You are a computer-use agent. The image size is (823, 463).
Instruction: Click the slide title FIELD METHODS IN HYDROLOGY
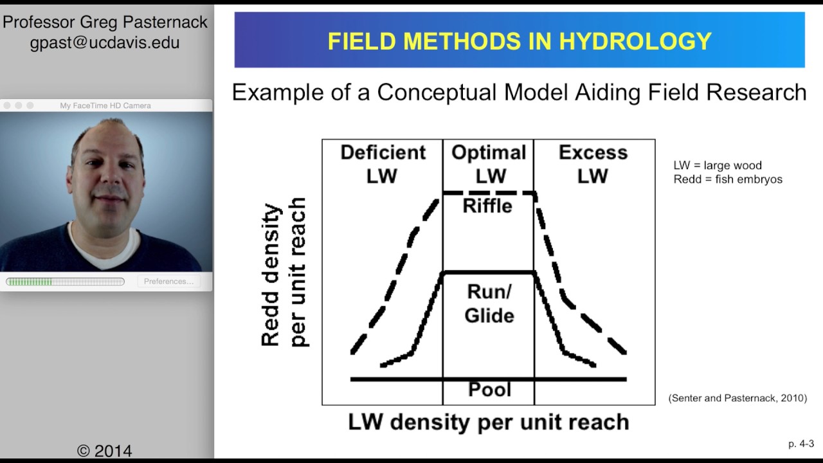tap(520, 41)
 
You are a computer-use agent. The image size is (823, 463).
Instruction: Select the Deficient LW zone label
tap(383, 164)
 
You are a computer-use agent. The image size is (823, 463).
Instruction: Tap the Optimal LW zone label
tap(489, 164)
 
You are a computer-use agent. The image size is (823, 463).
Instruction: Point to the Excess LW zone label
tap(592, 164)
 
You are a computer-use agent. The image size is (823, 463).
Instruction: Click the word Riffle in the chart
tap(487, 206)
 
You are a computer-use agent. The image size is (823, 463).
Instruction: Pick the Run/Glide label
tap(489, 304)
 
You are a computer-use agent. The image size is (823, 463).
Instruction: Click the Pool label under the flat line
tap(489, 390)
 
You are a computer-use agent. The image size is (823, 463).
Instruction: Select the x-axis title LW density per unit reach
tap(488, 422)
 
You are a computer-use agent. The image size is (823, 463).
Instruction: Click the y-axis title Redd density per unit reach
tap(284, 275)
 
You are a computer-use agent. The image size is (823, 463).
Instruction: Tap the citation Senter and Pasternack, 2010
tap(737, 398)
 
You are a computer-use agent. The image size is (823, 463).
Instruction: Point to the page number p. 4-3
tap(800, 444)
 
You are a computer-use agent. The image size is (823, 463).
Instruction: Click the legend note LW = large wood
tap(717, 166)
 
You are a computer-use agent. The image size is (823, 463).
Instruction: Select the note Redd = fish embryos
tap(728, 179)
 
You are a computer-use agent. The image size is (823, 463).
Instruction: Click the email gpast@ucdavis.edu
tap(105, 43)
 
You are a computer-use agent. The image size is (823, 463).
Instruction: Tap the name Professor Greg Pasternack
tap(105, 23)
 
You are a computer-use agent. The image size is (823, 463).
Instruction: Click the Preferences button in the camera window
tap(168, 281)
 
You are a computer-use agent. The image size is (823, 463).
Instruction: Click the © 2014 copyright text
tap(105, 451)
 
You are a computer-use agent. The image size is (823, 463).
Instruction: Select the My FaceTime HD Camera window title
tap(105, 105)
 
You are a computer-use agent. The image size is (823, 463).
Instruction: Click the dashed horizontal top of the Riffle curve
tap(489, 193)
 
